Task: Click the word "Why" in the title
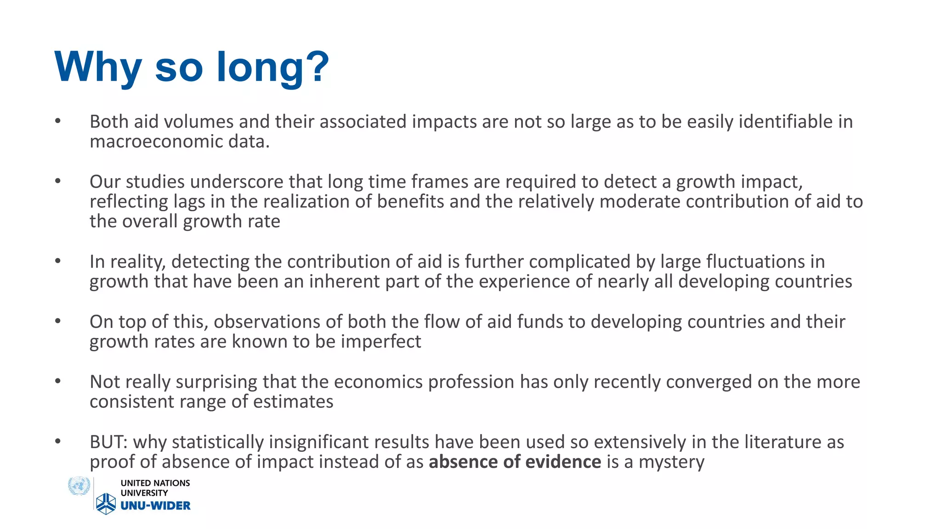[98, 67]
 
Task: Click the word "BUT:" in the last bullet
[108, 442]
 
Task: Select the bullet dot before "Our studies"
[57, 181]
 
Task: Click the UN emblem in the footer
[79, 486]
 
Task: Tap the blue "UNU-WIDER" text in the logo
[155, 506]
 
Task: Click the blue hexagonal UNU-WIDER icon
[106, 504]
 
